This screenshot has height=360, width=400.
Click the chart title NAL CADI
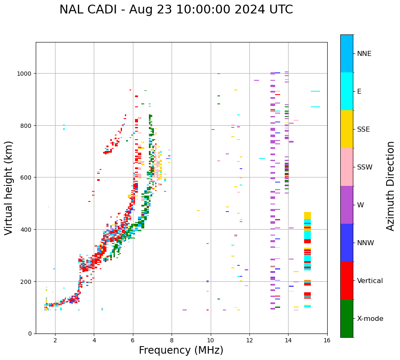coord(176,10)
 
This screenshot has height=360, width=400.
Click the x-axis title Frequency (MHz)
coord(181,350)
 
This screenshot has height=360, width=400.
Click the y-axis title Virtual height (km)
coord(9,188)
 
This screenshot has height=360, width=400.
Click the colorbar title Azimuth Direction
coord(391,186)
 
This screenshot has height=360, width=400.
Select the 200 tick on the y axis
coord(27,281)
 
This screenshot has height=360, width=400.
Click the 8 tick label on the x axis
coord(172,341)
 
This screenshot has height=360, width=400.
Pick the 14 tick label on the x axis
coord(288,341)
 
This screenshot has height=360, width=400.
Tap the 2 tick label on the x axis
coord(55,341)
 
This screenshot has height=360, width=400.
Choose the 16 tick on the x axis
coord(327,341)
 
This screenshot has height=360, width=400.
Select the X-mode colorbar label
coord(370,318)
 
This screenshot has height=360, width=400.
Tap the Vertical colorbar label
coord(370,281)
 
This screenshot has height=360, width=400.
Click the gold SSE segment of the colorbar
coord(347,129)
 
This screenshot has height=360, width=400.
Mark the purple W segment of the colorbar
coord(347,205)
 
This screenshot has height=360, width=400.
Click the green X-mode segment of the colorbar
coord(347,318)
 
